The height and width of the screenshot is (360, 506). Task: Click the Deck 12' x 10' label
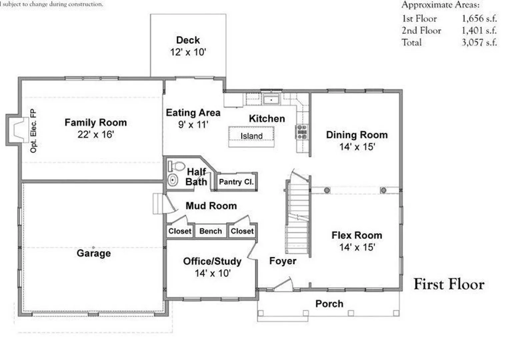(188, 46)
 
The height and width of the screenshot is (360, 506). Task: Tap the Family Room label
(96, 123)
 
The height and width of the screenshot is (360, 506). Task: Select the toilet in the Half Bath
(176, 166)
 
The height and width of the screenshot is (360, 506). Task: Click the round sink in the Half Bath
(173, 180)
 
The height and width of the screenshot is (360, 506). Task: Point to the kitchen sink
(271, 99)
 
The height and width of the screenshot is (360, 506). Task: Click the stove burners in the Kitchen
(302, 132)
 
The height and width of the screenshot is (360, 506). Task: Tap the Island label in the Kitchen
(251, 136)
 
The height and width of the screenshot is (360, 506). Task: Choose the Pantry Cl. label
(236, 182)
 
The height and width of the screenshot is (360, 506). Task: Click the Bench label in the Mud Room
(211, 231)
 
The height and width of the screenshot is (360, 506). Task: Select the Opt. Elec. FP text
(33, 131)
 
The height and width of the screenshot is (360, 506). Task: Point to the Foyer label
(283, 261)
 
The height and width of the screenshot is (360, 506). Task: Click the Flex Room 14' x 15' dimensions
(357, 247)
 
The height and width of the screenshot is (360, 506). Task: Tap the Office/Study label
(212, 262)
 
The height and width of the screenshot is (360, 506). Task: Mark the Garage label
(94, 253)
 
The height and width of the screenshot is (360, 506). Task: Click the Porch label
(329, 304)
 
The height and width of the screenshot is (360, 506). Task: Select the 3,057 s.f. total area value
(479, 42)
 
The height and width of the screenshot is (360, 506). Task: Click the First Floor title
(449, 284)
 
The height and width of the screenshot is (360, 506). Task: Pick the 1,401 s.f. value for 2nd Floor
(479, 30)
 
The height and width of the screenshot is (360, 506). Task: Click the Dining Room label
(357, 135)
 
